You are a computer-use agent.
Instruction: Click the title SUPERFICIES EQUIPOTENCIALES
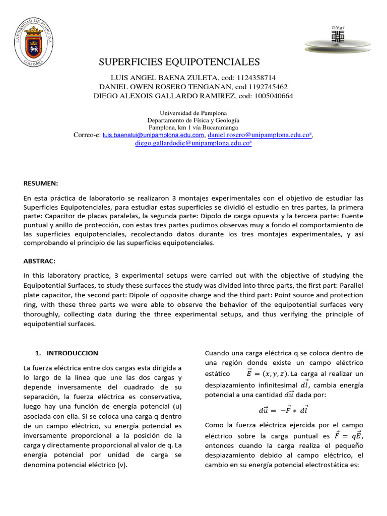point(179,62)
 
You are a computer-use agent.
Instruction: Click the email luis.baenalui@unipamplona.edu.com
point(153,136)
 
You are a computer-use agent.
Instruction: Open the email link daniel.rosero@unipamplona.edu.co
point(260,135)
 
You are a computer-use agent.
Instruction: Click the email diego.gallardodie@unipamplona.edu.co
point(192,143)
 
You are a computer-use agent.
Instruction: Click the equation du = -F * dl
point(283,410)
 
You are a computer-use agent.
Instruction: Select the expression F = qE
point(348,436)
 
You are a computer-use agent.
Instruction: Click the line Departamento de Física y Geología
point(193,120)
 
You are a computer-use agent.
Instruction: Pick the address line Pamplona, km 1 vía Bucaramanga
point(193,128)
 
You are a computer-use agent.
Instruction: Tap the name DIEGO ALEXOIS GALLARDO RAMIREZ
point(164,96)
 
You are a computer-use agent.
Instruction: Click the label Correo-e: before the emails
point(87,135)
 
